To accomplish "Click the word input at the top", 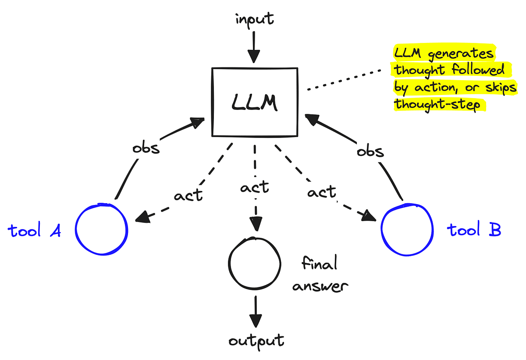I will (x=254, y=19).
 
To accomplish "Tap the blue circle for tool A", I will (x=101, y=229).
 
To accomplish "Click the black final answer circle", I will (x=254, y=262).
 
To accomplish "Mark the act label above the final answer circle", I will (x=254, y=187).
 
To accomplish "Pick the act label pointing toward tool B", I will (x=322, y=191).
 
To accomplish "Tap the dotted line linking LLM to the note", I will (x=346, y=79).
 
